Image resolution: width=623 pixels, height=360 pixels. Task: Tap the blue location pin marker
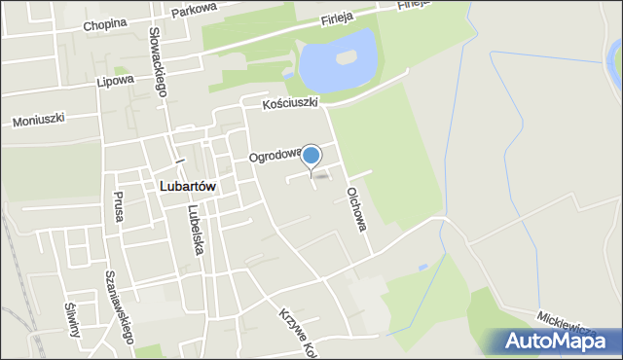click(311, 156)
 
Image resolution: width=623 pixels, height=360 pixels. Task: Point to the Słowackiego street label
click(157, 60)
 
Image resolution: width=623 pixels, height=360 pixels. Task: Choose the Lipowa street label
click(116, 82)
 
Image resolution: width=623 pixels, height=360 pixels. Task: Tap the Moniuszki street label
click(38, 121)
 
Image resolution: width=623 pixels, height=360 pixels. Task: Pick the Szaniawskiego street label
click(119, 306)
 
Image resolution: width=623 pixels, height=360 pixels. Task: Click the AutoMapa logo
click(560, 341)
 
